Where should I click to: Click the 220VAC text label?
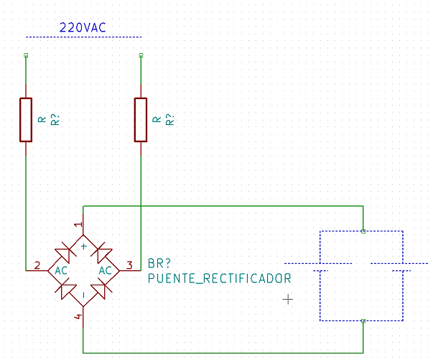pos(83,27)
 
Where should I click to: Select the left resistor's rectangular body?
pos(26,120)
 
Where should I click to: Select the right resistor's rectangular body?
pos(141,120)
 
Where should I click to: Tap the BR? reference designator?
pos(159,264)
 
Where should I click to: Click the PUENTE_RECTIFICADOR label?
pos(220,279)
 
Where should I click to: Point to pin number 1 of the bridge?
pos(79,224)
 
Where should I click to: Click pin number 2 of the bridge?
pos(37,266)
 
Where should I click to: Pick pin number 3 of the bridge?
pos(129,266)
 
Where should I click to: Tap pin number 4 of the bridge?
pos(79,316)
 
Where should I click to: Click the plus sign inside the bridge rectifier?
pos(84,246)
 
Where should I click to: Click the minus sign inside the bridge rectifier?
pos(84,295)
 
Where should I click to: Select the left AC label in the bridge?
pos(61,271)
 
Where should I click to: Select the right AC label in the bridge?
pos(106,271)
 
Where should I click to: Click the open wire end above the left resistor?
pos(26,55)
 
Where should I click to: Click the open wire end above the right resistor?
pos(141,55)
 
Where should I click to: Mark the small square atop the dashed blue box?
pos(363,231)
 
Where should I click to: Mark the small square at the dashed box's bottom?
pos(363,321)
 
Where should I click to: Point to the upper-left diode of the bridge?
pos(66,252)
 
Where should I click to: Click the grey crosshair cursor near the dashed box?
pos(288,300)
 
